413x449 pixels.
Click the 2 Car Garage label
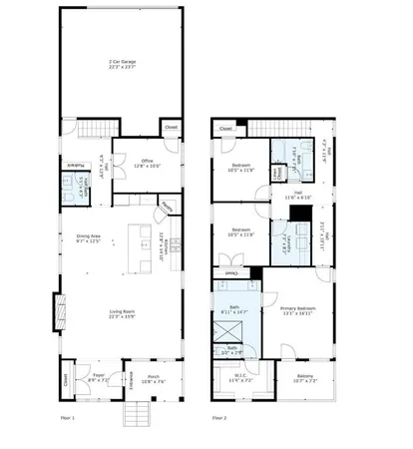click(122, 64)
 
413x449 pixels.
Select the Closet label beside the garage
click(171, 128)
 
